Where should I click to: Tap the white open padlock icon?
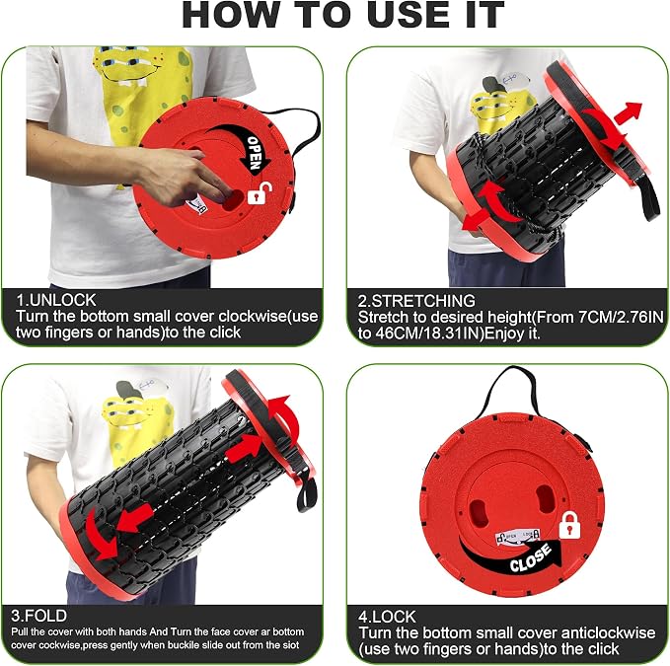(260, 193)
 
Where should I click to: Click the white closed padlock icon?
(569, 525)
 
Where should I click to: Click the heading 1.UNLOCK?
(55, 300)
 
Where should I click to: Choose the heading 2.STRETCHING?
(416, 301)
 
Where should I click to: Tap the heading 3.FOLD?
(38, 616)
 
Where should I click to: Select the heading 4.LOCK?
(387, 617)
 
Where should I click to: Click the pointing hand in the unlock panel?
(184, 176)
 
